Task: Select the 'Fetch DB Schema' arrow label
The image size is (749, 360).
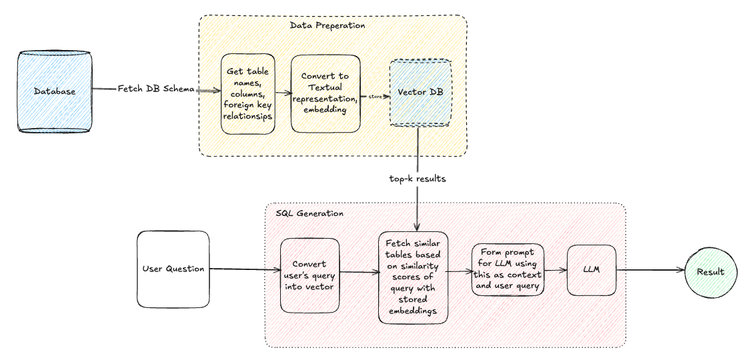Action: pyautogui.click(x=157, y=89)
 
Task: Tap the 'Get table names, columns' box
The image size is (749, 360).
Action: pyautogui.click(x=248, y=94)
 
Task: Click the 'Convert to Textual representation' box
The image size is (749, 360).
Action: pyautogui.click(x=325, y=93)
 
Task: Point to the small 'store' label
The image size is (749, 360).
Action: pyautogui.click(x=375, y=96)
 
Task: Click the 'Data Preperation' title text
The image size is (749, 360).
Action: pyautogui.click(x=327, y=25)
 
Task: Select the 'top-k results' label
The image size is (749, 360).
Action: pyautogui.click(x=418, y=179)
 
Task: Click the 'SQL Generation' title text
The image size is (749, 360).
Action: pyautogui.click(x=309, y=213)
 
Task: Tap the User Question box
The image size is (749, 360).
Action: pyautogui.click(x=173, y=269)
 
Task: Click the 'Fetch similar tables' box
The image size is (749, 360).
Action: pyautogui.click(x=413, y=277)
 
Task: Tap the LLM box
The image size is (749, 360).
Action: pyautogui.click(x=591, y=270)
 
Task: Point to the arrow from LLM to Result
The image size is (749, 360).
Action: pyautogui.click(x=650, y=271)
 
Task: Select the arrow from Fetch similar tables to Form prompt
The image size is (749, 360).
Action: pyautogui.click(x=459, y=271)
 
